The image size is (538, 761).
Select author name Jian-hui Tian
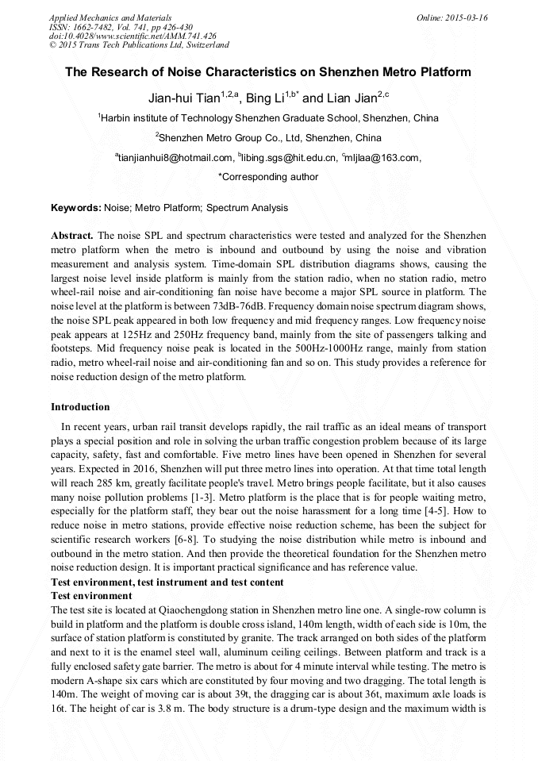click(x=183, y=99)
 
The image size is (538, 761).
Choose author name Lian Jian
click(x=350, y=99)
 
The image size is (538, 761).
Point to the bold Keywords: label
click(x=76, y=208)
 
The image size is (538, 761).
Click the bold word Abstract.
click(x=72, y=237)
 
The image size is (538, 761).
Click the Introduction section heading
click(x=80, y=407)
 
